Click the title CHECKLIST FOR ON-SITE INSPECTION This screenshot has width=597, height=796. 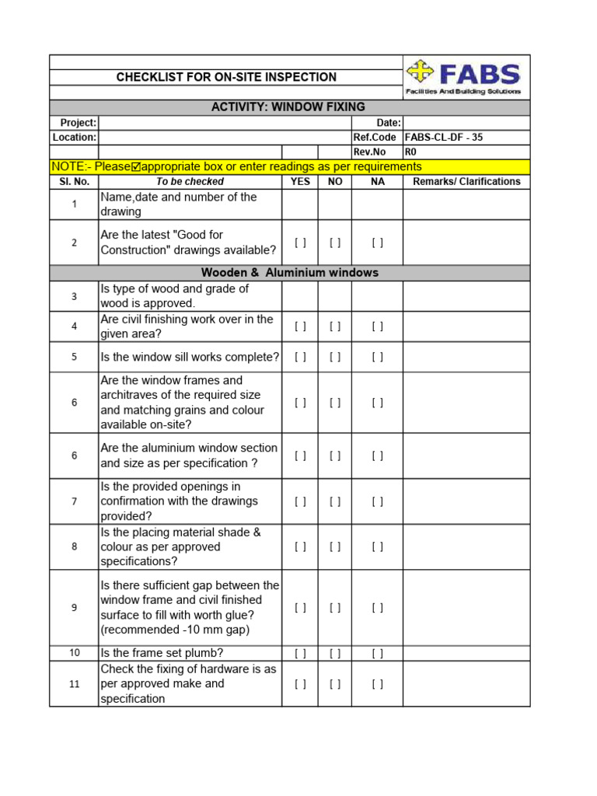pyautogui.click(x=226, y=77)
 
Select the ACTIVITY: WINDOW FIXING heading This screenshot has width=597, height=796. pyautogui.click(x=288, y=107)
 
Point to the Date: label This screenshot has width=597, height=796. pyautogui.click(x=389, y=123)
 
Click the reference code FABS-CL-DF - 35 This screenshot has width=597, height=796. pyautogui.click(x=444, y=138)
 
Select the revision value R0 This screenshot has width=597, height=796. pyautogui.click(x=410, y=152)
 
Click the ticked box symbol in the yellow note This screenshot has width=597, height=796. pyautogui.click(x=137, y=166)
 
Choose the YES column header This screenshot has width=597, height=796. pyautogui.click(x=300, y=181)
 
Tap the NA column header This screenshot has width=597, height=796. pyautogui.click(x=377, y=181)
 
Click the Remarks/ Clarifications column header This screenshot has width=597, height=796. pyautogui.click(x=466, y=181)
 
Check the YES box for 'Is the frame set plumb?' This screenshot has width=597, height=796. pyautogui.click(x=300, y=653)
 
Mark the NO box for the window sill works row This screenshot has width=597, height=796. pyautogui.click(x=335, y=358)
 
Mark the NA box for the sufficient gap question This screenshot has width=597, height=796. pyautogui.click(x=377, y=608)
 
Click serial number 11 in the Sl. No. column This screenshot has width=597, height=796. pyautogui.click(x=75, y=684)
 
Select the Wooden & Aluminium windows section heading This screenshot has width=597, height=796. pyautogui.click(x=289, y=273)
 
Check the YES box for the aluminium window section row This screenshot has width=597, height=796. pyautogui.click(x=300, y=456)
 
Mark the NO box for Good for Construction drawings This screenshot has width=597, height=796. pyautogui.click(x=335, y=243)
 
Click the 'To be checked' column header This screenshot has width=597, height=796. pyautogui.click(x=190, y=181)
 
